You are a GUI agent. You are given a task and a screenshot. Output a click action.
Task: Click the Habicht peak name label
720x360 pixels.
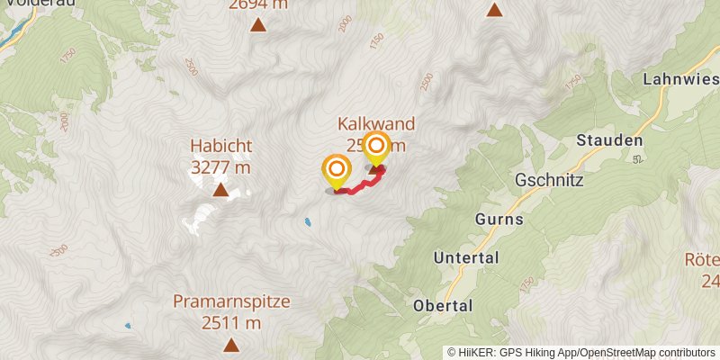(220, 145)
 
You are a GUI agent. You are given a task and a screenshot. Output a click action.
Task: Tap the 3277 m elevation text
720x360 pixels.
(220, 166)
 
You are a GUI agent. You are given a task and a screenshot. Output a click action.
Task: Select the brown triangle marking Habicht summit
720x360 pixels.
(220, 190)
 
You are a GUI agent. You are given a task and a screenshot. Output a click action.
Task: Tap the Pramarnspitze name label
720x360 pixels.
(231, 301)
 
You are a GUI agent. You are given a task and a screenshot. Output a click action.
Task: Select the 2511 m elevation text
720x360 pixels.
(231, 323)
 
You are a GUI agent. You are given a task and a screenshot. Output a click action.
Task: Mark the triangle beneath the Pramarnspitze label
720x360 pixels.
(231, 345)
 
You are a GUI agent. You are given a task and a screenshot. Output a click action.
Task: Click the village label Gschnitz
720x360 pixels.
(550, 180)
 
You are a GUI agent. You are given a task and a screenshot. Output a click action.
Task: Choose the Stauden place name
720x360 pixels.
(609, 140)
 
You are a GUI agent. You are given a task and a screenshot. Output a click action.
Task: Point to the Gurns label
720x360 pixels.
(499, 219)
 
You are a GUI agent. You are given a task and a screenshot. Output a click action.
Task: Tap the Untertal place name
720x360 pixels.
(466, 258)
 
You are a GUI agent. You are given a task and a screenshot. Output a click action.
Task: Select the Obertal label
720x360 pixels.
(443, 306)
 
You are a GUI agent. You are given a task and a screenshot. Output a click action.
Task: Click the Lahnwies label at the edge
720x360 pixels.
(680, 79)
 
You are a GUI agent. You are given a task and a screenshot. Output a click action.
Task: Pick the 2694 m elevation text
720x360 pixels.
(258, 4)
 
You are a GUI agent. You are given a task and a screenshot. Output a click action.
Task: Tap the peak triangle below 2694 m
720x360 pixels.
(258, 25)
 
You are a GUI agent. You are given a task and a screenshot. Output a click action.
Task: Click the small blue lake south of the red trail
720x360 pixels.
(308, 220)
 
